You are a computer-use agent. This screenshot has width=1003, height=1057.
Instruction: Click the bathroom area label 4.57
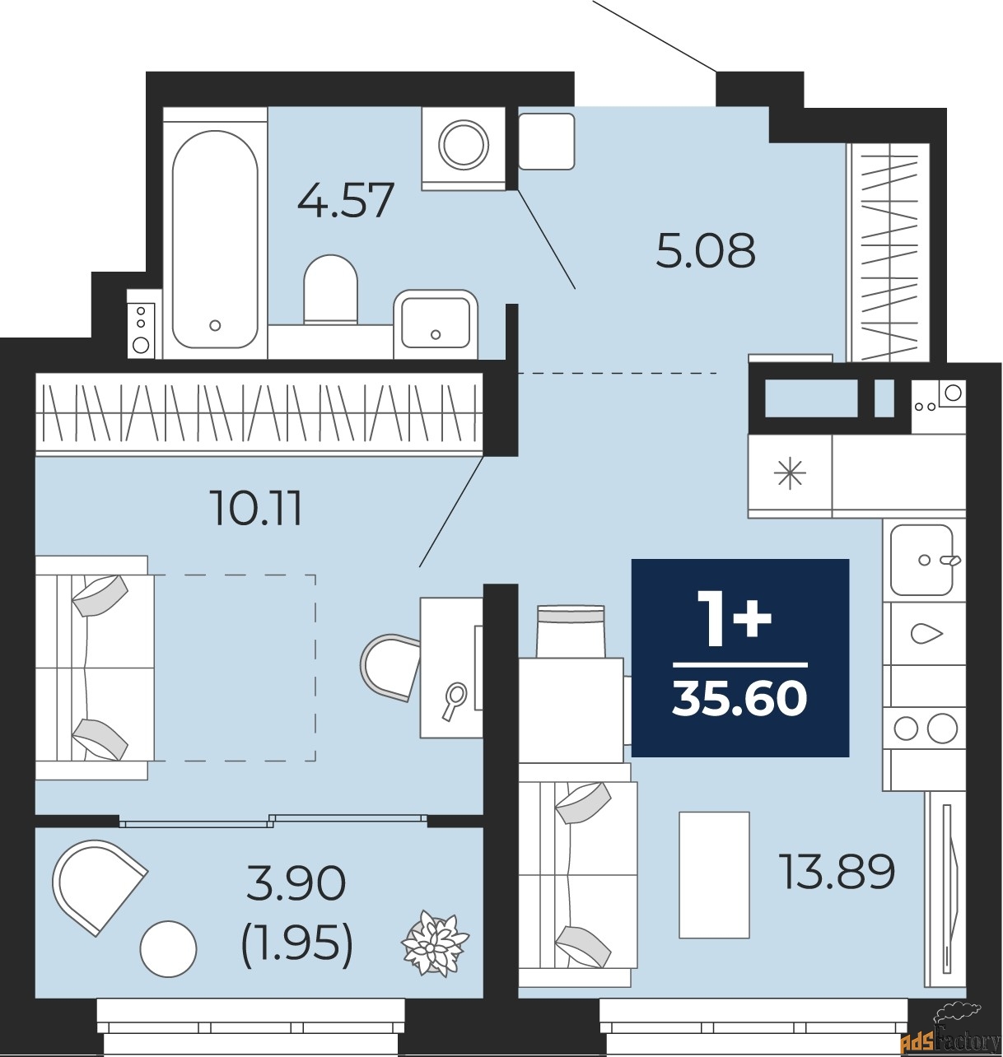click(346, 200)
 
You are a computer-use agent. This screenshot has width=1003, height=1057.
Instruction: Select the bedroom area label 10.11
click(256, 509)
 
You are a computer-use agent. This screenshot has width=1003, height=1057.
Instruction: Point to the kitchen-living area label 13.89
click(837, 872)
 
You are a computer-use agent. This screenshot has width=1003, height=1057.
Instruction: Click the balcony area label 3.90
click(296, 884)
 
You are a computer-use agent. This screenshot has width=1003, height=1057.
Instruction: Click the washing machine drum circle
click(463, 146)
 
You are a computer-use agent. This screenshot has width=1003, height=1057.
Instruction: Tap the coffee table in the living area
click(714, 875)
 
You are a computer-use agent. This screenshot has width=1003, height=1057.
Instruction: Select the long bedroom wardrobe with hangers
click(259, 412)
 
